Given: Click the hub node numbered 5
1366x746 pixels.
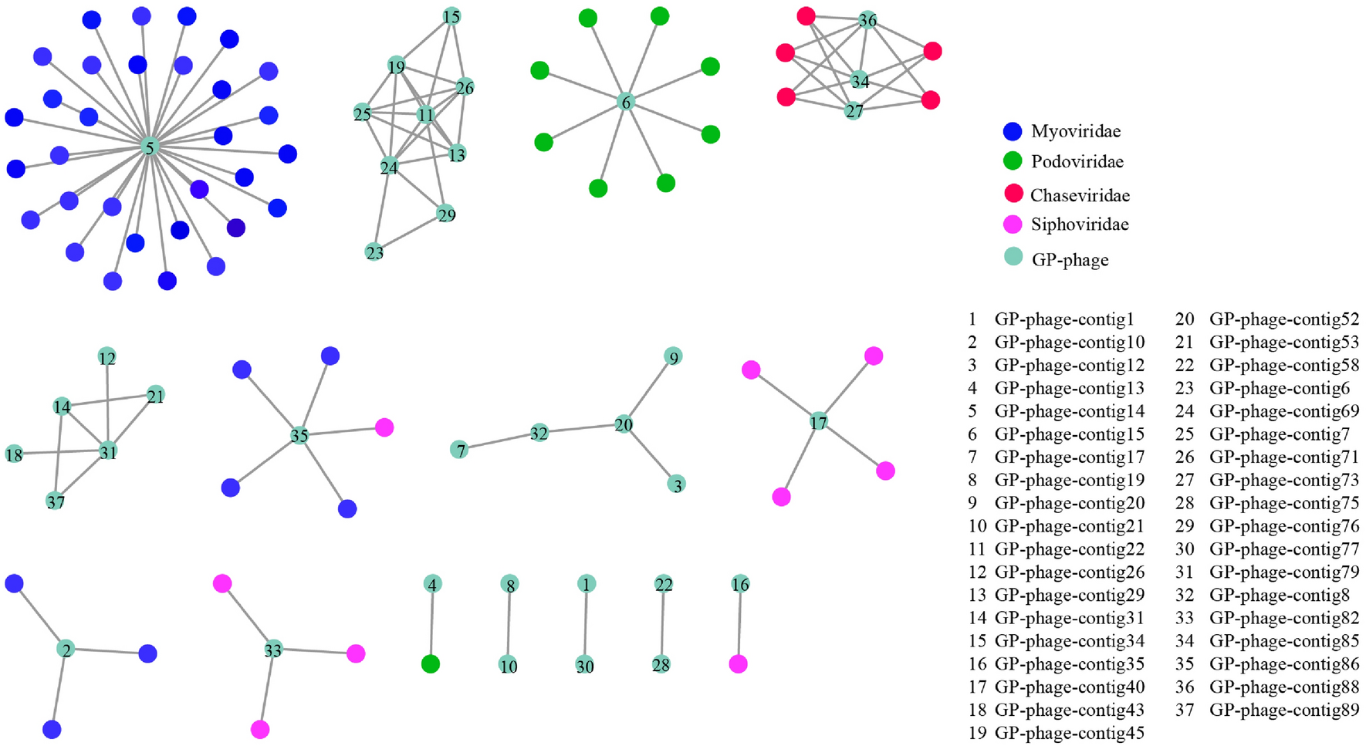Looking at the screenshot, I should click(150, 147).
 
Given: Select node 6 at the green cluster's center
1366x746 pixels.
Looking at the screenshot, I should click(626, 102).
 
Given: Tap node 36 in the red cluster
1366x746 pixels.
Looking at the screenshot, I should click(867, 20).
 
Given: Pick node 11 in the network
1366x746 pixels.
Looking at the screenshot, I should click(425, 115).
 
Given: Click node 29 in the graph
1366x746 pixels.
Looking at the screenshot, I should click(446, 214).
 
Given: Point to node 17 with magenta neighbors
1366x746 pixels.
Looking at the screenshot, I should click(818, 422).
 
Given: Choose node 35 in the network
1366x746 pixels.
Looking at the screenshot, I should click(299, 436).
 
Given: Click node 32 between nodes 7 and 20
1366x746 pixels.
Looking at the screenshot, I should click(539, 433).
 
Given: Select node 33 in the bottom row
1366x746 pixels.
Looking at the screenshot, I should click(272, 650).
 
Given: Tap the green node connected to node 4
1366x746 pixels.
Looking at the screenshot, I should click(431, 663).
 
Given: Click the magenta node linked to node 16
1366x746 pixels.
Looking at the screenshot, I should click(738, 663).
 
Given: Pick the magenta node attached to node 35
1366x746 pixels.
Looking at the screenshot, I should click(384, 427).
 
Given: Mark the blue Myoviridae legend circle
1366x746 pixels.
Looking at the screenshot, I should click(1013, 131).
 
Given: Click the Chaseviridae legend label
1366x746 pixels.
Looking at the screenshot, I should click(1080, 195).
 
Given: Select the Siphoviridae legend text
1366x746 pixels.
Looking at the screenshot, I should click(1080, 224).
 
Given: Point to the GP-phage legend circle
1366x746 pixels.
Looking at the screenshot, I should click(1013, 258).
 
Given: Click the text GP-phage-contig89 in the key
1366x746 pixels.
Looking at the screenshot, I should click(1284, 710).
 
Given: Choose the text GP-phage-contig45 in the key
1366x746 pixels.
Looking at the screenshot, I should click(1070, 732).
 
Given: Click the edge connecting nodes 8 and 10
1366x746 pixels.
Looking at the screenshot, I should click(509, 625).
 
